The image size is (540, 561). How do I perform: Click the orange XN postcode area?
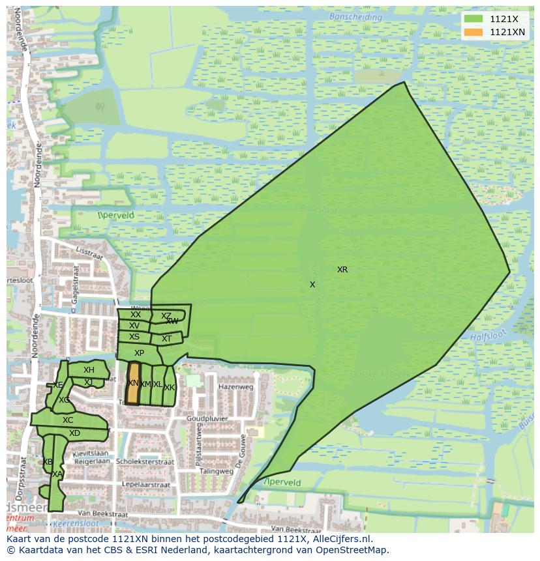coord(133,384)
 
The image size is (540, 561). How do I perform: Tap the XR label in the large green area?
coord(342,269)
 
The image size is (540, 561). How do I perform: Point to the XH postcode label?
coord(89,370)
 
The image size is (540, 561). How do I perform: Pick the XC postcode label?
coord(68,420)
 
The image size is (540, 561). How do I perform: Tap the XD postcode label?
coord(74,433)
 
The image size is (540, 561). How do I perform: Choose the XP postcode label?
coord(139,353)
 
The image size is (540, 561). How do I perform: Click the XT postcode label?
coord(166,339)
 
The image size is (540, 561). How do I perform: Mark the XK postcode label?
coord(170,388)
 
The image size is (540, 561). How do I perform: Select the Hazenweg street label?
coord(235,386)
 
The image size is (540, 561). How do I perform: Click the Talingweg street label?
coord(217,471)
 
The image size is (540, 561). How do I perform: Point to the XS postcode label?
coord(134,337)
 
